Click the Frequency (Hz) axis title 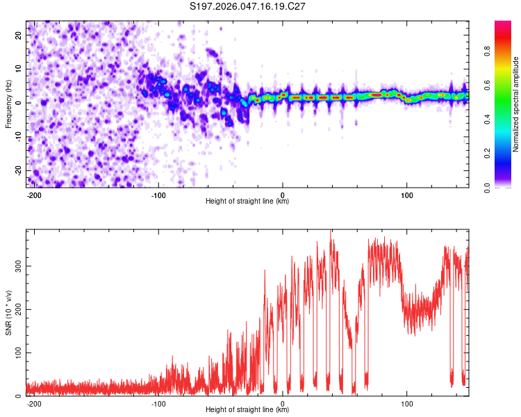click(8, 104)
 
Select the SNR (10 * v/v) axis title click(8, 313)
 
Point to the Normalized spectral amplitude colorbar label click(515, 104)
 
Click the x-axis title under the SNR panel click(247, 410)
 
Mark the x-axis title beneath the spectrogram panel click(247, 202)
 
